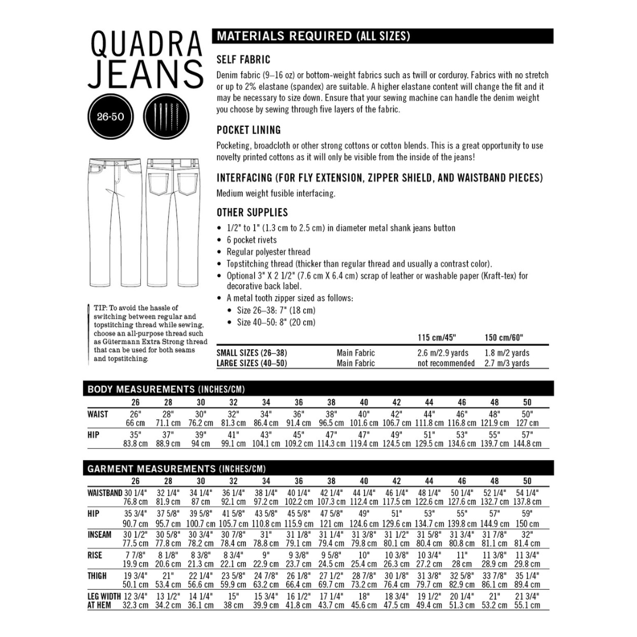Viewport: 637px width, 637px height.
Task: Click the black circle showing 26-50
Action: click(110, 116)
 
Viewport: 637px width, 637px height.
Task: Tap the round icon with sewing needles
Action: click(166, 116)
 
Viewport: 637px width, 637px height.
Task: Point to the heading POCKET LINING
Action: click(248, 130)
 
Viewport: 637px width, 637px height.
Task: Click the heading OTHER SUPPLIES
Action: click(252, 212)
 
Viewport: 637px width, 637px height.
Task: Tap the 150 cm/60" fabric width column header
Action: click(504, 338)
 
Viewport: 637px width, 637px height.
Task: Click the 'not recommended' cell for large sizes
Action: click(445, 363)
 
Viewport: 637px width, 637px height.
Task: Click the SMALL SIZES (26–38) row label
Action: click(252, 353)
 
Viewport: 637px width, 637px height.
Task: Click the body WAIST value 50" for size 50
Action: click(527, 414)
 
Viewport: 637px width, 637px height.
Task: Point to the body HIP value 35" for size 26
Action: click(136, 435)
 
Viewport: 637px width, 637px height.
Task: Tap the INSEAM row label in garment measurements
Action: click(99, 534)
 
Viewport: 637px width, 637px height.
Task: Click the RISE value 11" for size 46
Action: click(462, 555)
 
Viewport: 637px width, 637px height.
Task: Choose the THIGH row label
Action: click(98, 576)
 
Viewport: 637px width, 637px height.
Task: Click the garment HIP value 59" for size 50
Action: click(527, 514)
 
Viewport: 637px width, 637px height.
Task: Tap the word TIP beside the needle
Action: click(101, 308)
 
